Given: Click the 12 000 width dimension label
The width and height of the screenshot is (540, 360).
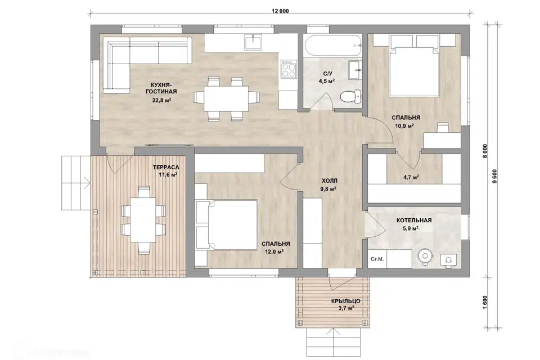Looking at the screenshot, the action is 280,11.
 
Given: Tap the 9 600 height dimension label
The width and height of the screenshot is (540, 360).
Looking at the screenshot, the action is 495,177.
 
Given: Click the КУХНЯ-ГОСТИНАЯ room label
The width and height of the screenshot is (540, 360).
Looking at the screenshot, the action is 161,88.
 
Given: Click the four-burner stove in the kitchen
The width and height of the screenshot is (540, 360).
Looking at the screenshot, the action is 289,69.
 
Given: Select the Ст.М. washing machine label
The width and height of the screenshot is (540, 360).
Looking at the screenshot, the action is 377,259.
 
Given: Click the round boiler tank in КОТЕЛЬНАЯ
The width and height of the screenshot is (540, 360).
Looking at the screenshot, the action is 426,256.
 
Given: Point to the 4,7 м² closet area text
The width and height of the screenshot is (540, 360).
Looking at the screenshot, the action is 411,177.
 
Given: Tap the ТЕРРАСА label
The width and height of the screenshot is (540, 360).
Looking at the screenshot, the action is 166,168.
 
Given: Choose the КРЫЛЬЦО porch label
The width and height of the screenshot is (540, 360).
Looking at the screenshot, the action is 346,301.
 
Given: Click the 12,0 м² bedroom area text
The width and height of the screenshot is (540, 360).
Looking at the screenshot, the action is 274,251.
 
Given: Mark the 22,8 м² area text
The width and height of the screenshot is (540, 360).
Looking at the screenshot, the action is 161,100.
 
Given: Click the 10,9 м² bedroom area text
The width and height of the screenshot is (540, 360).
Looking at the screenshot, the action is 404,126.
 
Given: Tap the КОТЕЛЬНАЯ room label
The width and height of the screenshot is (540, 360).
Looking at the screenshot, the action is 414,220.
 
